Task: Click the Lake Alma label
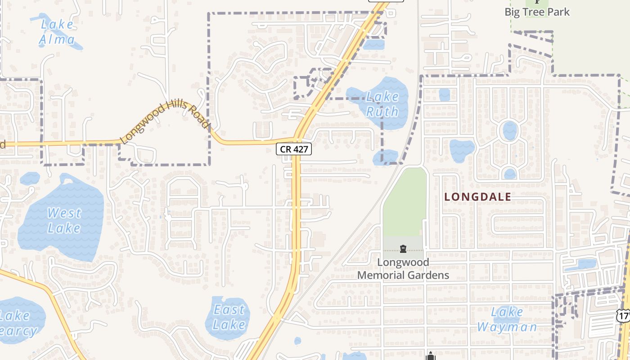[x=57, y=32]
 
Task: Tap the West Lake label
[x=64, y=220]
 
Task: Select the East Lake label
[x=229, y=317]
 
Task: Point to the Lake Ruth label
[x=382, y=104]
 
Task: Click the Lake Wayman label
[x=507, y=319]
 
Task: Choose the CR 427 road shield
[x=294, y=149]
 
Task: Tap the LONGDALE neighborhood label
[x=477, y=197]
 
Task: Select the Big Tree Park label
[x=537, y=12]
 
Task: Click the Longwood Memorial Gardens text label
[x=403, y=269]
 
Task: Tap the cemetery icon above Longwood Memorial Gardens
[x=403, y=249]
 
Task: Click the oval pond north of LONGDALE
[x=509, y=131]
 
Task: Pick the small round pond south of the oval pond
[x=509, y=173]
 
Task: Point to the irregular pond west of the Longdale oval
[x=462, y=150]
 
